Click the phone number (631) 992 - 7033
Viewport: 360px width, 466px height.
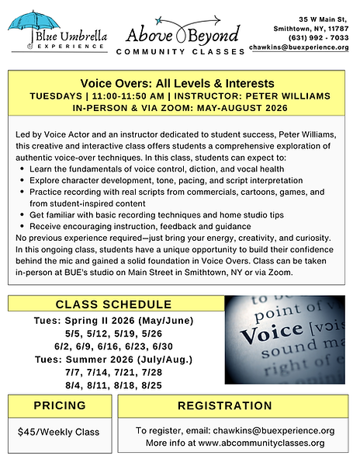click(319, 37)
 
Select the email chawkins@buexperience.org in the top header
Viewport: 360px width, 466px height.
click(299, 47)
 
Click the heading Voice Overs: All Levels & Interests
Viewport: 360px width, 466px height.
click(178, 83)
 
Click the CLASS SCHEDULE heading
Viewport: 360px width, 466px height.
click(113, 304)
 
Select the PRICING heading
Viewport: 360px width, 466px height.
click(59, 406)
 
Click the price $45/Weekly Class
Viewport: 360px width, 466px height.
click(59, 430)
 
